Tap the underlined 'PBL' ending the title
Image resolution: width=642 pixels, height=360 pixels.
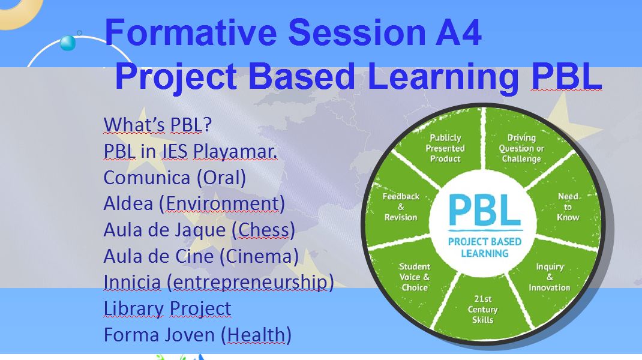point(566,76)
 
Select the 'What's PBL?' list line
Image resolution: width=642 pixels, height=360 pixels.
point(158,125)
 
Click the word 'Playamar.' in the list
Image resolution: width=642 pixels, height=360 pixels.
point(235,151)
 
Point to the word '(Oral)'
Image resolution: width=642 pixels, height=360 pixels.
point(221,178)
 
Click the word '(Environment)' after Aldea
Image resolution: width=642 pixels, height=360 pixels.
point(222,204)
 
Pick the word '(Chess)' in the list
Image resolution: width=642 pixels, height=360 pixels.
point(263,230)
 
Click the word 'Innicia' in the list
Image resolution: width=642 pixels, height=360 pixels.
point(132,282)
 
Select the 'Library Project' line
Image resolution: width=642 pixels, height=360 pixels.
point(167,309)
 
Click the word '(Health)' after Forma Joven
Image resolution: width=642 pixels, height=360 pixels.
point(256,335)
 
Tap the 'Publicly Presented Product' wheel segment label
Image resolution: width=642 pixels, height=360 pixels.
point(445,148)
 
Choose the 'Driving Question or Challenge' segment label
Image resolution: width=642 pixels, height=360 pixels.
point(521,148)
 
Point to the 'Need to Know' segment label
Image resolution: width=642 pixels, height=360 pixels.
point(568,207)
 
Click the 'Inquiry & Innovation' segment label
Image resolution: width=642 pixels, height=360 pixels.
point(550,277)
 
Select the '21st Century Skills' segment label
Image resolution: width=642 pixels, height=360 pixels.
point(483,309)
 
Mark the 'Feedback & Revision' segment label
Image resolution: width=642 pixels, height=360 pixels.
point(401,207)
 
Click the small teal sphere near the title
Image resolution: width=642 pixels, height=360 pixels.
point(68,43)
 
